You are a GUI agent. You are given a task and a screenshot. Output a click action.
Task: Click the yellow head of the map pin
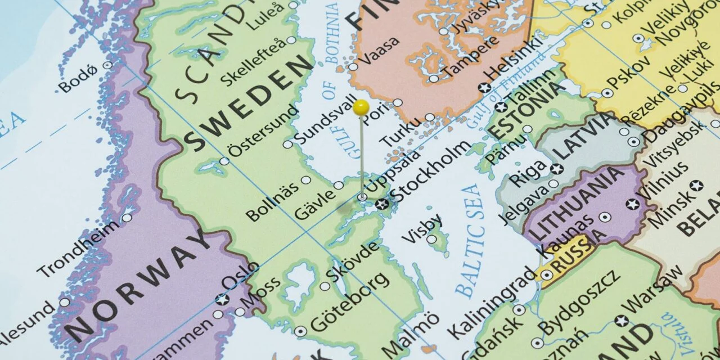[x=362, y=106]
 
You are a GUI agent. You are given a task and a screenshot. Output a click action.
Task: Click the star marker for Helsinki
[x=483, y=87]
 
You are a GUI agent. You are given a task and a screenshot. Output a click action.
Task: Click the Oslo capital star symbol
[x=223, y=299]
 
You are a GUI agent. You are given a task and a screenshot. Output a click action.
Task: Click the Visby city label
[x=421, y=228]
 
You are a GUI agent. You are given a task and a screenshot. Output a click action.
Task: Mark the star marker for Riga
[x=557, y=169]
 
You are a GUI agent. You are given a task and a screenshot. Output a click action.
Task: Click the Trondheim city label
[x=78, y=248]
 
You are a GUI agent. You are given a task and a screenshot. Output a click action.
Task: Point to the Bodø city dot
[x=107, y=65]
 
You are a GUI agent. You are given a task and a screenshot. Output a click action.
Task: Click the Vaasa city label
[x=380, y=51]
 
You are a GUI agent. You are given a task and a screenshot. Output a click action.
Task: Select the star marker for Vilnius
[x=633, y=204]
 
